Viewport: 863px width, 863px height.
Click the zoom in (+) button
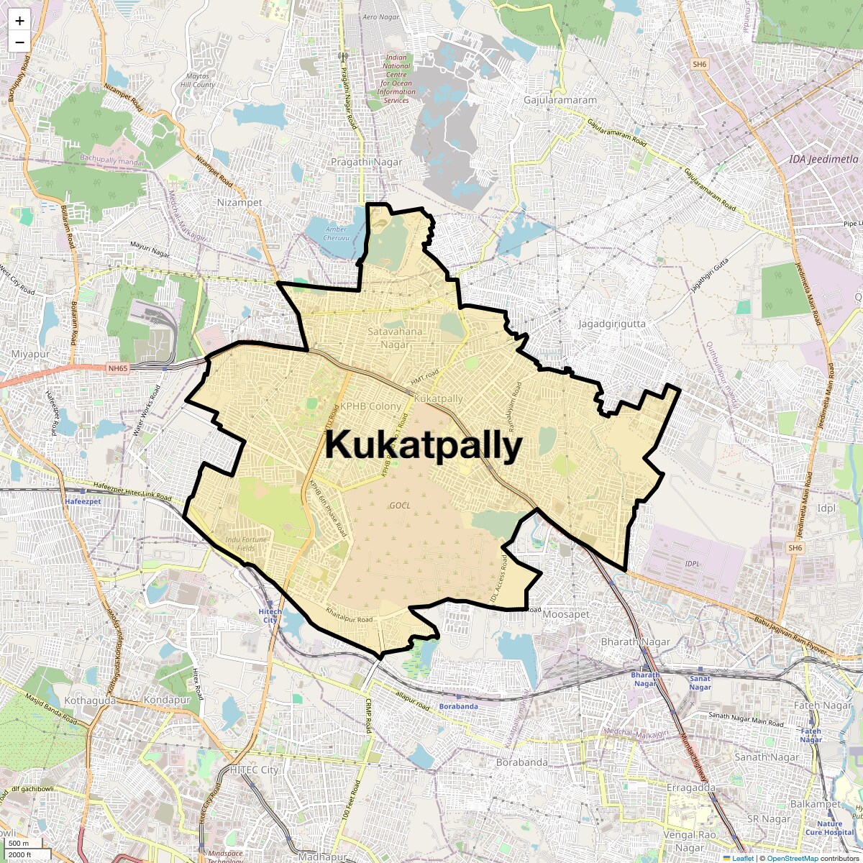click(19, 21)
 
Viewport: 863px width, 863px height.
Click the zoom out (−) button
click(19, 42)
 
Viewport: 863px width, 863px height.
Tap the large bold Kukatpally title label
click(423, 446)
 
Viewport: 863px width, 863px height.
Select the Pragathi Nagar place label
click(367, 163)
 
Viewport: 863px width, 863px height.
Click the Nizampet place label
click(239, 203)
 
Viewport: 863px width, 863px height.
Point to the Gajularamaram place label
click(560, 100)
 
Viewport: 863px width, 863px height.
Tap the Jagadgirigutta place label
click(612, 324)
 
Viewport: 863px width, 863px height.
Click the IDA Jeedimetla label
click(823, 159)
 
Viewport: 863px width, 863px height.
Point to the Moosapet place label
click(566, 615)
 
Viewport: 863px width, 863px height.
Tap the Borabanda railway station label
click(459, 706)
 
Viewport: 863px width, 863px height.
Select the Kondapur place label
click(167, 700)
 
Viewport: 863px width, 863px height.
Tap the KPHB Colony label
click(370, 406)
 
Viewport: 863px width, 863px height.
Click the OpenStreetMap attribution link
click(793, 858)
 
